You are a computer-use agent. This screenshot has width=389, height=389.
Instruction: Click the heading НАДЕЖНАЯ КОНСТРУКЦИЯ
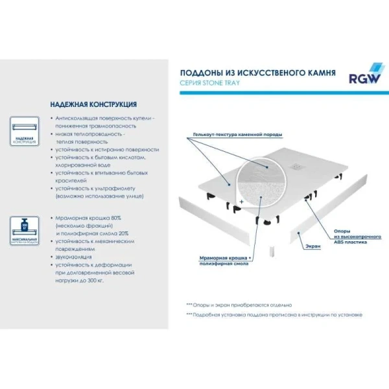click(x=93, y=104)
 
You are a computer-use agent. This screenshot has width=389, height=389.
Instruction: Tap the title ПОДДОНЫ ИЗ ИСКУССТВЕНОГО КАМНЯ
click(x=257, y=74)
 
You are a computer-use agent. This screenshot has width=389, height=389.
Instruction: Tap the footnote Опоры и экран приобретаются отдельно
click(x=239, y=304)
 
